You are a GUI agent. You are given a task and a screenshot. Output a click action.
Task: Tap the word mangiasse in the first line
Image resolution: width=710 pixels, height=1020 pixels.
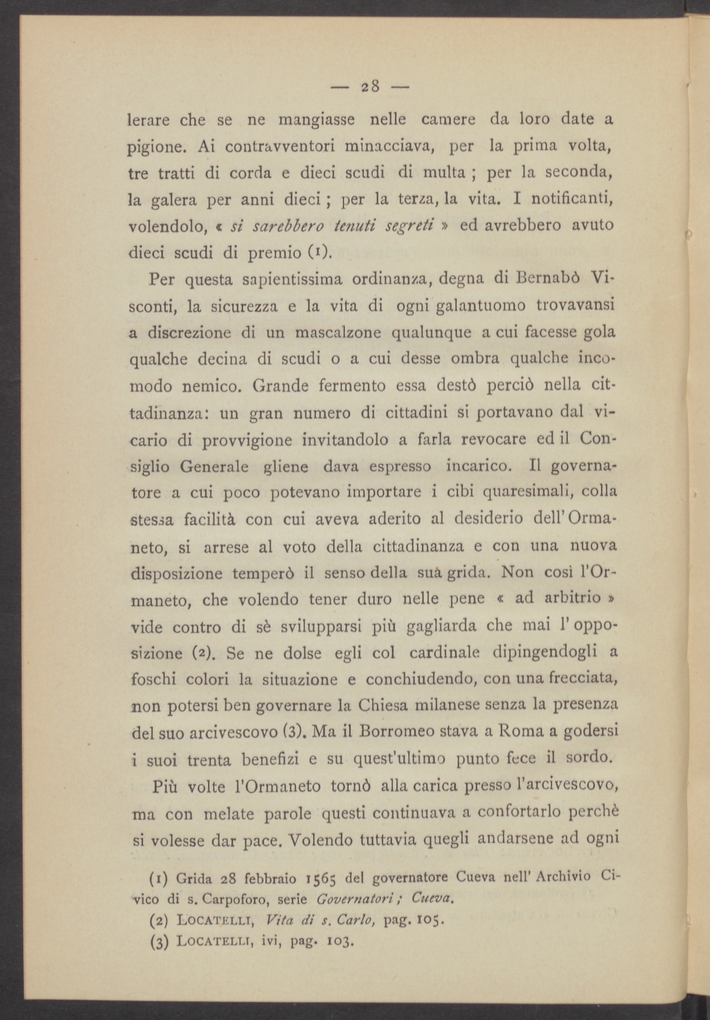point(316,121)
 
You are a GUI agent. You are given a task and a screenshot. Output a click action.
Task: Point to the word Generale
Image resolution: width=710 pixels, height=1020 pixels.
point(214,466)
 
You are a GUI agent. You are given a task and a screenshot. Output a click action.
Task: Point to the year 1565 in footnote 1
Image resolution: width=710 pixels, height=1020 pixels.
point(321,879)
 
